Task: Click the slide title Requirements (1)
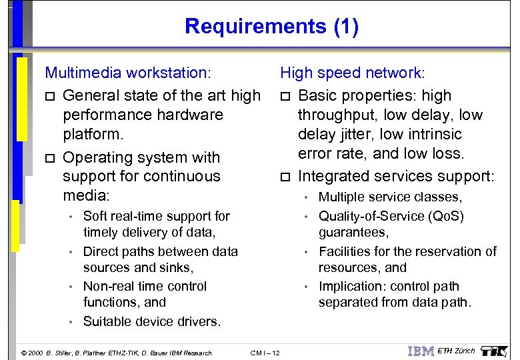point(271,27)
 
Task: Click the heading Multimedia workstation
point(127,72)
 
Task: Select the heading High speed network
point(351,72)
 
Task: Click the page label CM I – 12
point(265,353)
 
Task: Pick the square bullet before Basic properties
point(285,96)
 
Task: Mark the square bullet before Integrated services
point(285,177)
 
